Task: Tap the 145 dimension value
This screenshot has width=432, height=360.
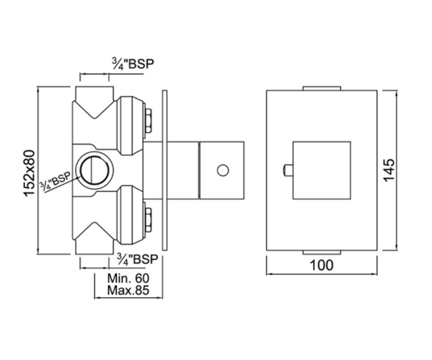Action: (389, 170)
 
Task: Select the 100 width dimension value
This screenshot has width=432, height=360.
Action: (322, 265)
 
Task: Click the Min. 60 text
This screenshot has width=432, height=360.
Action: (128, 278)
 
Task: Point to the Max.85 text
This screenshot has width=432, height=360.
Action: (128, 290)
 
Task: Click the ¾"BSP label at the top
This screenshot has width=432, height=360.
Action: (133, 64)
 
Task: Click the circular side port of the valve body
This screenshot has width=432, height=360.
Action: (94, 170)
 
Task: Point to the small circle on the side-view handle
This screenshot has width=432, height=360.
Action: (223, 170)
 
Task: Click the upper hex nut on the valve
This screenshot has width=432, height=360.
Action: (148, 121)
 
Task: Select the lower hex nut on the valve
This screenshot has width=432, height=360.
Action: (148, 220)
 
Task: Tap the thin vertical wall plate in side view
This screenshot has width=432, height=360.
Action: (165, 170)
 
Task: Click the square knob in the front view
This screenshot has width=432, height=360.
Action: (321, 171)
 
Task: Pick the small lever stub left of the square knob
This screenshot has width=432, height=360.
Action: (288, 171)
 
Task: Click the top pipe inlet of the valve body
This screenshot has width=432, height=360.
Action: (94, 94)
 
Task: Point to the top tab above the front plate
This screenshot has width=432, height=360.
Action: (322, 88)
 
